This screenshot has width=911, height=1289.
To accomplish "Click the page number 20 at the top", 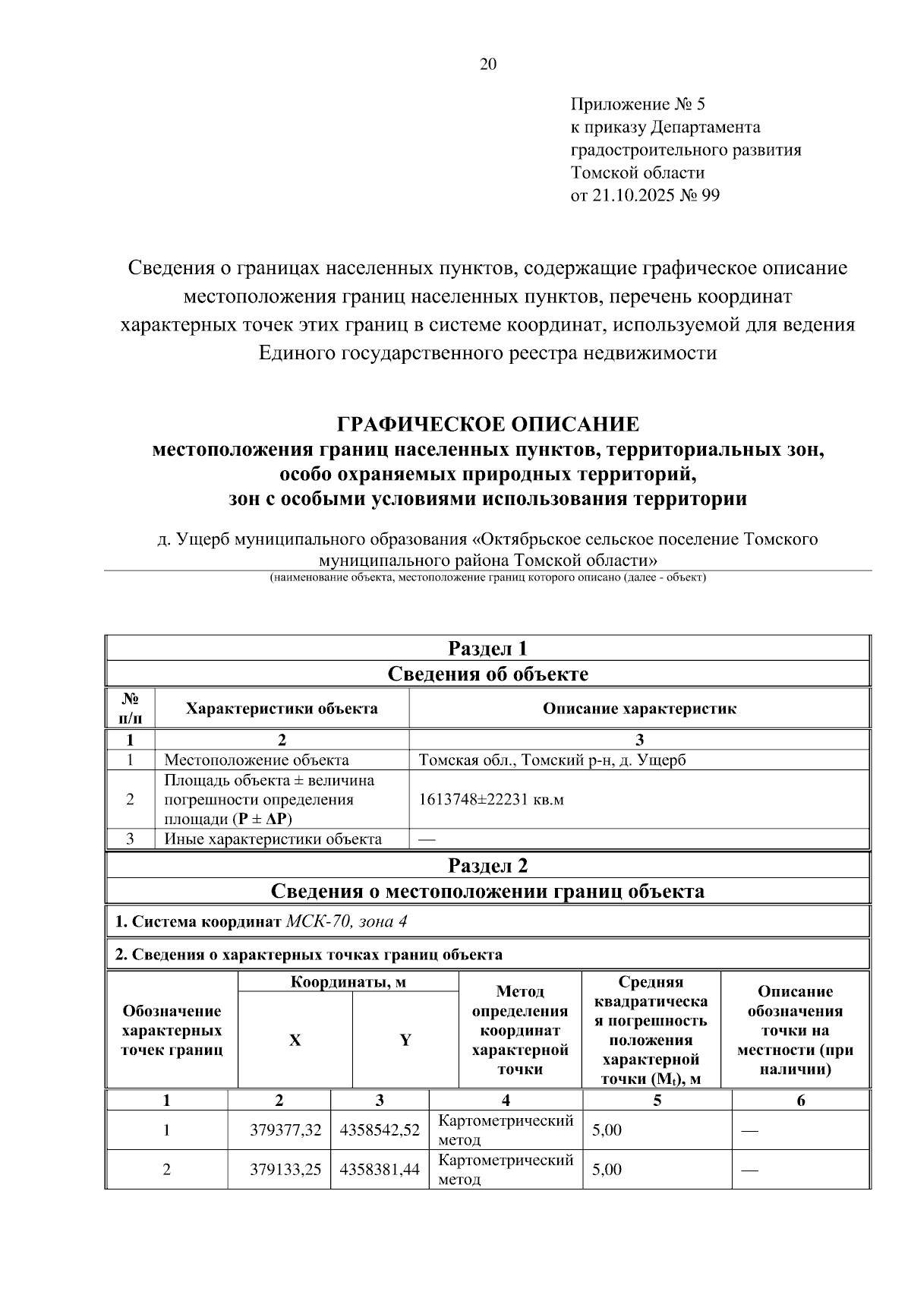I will (x=487, y=65).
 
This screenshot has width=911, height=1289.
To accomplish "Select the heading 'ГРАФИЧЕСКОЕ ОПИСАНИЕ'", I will (x=487, y=423).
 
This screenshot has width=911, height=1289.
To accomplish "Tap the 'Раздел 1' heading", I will (x=487, y=648).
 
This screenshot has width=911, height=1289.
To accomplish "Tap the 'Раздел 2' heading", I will (x=487, y=865).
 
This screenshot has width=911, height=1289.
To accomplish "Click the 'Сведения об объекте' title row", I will (x=487, y=674).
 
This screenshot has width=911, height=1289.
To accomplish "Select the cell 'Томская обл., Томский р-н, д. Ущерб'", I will (x=552, y=760).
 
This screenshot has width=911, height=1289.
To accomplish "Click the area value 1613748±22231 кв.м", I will (x=491, y=800).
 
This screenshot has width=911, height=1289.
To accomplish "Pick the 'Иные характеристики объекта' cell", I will (x=273, y=839).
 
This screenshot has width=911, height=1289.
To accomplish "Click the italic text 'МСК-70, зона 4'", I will (x=347, y=921).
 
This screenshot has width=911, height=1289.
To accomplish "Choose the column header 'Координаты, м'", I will (x=348, y=981).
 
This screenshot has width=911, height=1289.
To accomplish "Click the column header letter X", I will (x=295, y=1041).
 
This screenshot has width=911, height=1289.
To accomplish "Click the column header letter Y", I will (x=405, y=1041).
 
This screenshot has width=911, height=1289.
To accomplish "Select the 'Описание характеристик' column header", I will (x=638, y=709).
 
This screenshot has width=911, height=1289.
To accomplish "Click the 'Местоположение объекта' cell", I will (x=257, y=760).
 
